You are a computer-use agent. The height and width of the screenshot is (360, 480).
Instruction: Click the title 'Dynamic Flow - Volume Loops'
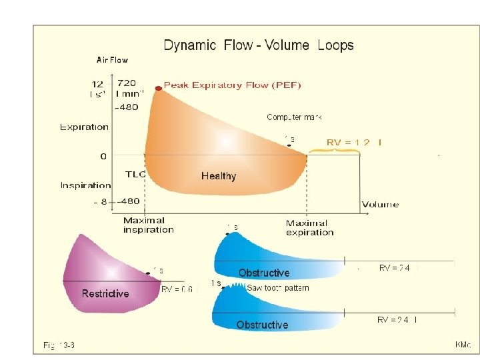(x=259, y=45)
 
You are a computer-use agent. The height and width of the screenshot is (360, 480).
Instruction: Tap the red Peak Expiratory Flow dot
(x=159, y=88)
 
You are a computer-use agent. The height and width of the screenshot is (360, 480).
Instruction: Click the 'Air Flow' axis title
(x=112, y=60)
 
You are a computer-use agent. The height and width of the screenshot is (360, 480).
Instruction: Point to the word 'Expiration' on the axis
(x=84, y=127)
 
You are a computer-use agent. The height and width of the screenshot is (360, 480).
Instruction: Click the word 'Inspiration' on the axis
(x=85, y=185)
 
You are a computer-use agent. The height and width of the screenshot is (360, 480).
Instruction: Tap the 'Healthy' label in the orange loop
(x=219, y=176)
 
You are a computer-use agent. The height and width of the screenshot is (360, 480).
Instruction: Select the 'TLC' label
(x=135, y=173)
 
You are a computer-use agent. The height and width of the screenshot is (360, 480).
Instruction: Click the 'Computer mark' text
(x=295, y=117)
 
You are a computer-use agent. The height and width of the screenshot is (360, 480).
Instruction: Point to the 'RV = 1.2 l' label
(x=354, y=142)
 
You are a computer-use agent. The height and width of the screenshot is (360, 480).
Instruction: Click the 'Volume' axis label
(x=380, y=205)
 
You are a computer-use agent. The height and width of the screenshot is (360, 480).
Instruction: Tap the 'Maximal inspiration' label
(x=148, y=225)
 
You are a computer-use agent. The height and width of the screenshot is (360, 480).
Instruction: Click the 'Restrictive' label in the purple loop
(x=105, y=293)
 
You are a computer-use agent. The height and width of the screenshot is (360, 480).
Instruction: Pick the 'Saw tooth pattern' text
(x=278, y=288)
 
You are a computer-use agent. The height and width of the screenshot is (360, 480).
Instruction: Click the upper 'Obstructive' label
(x=264, y=273)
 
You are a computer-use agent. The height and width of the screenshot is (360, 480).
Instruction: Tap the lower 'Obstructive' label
(x=262, y=325)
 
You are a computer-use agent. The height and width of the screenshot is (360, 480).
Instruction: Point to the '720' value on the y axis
(x=127, y=83)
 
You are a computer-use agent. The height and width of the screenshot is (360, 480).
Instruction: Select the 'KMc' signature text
(x=463, y=345)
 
